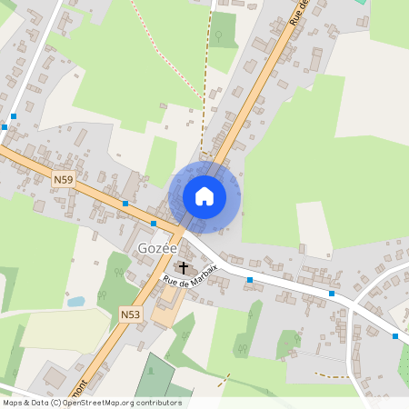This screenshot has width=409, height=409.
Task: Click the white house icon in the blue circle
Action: (204, 195)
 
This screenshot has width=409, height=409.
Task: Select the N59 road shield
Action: (63, 180)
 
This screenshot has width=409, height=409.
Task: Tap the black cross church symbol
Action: (184, 267)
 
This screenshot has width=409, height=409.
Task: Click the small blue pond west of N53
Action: (76, 301)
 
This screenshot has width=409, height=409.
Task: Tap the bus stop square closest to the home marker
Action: (154, 223)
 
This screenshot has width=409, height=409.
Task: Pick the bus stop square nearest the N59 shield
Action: (125, 204)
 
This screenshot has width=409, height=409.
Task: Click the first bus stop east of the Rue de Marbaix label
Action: (249, 280)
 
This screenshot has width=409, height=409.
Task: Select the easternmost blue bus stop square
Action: (395, 336)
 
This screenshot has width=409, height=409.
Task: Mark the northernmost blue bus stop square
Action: (15, 116)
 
